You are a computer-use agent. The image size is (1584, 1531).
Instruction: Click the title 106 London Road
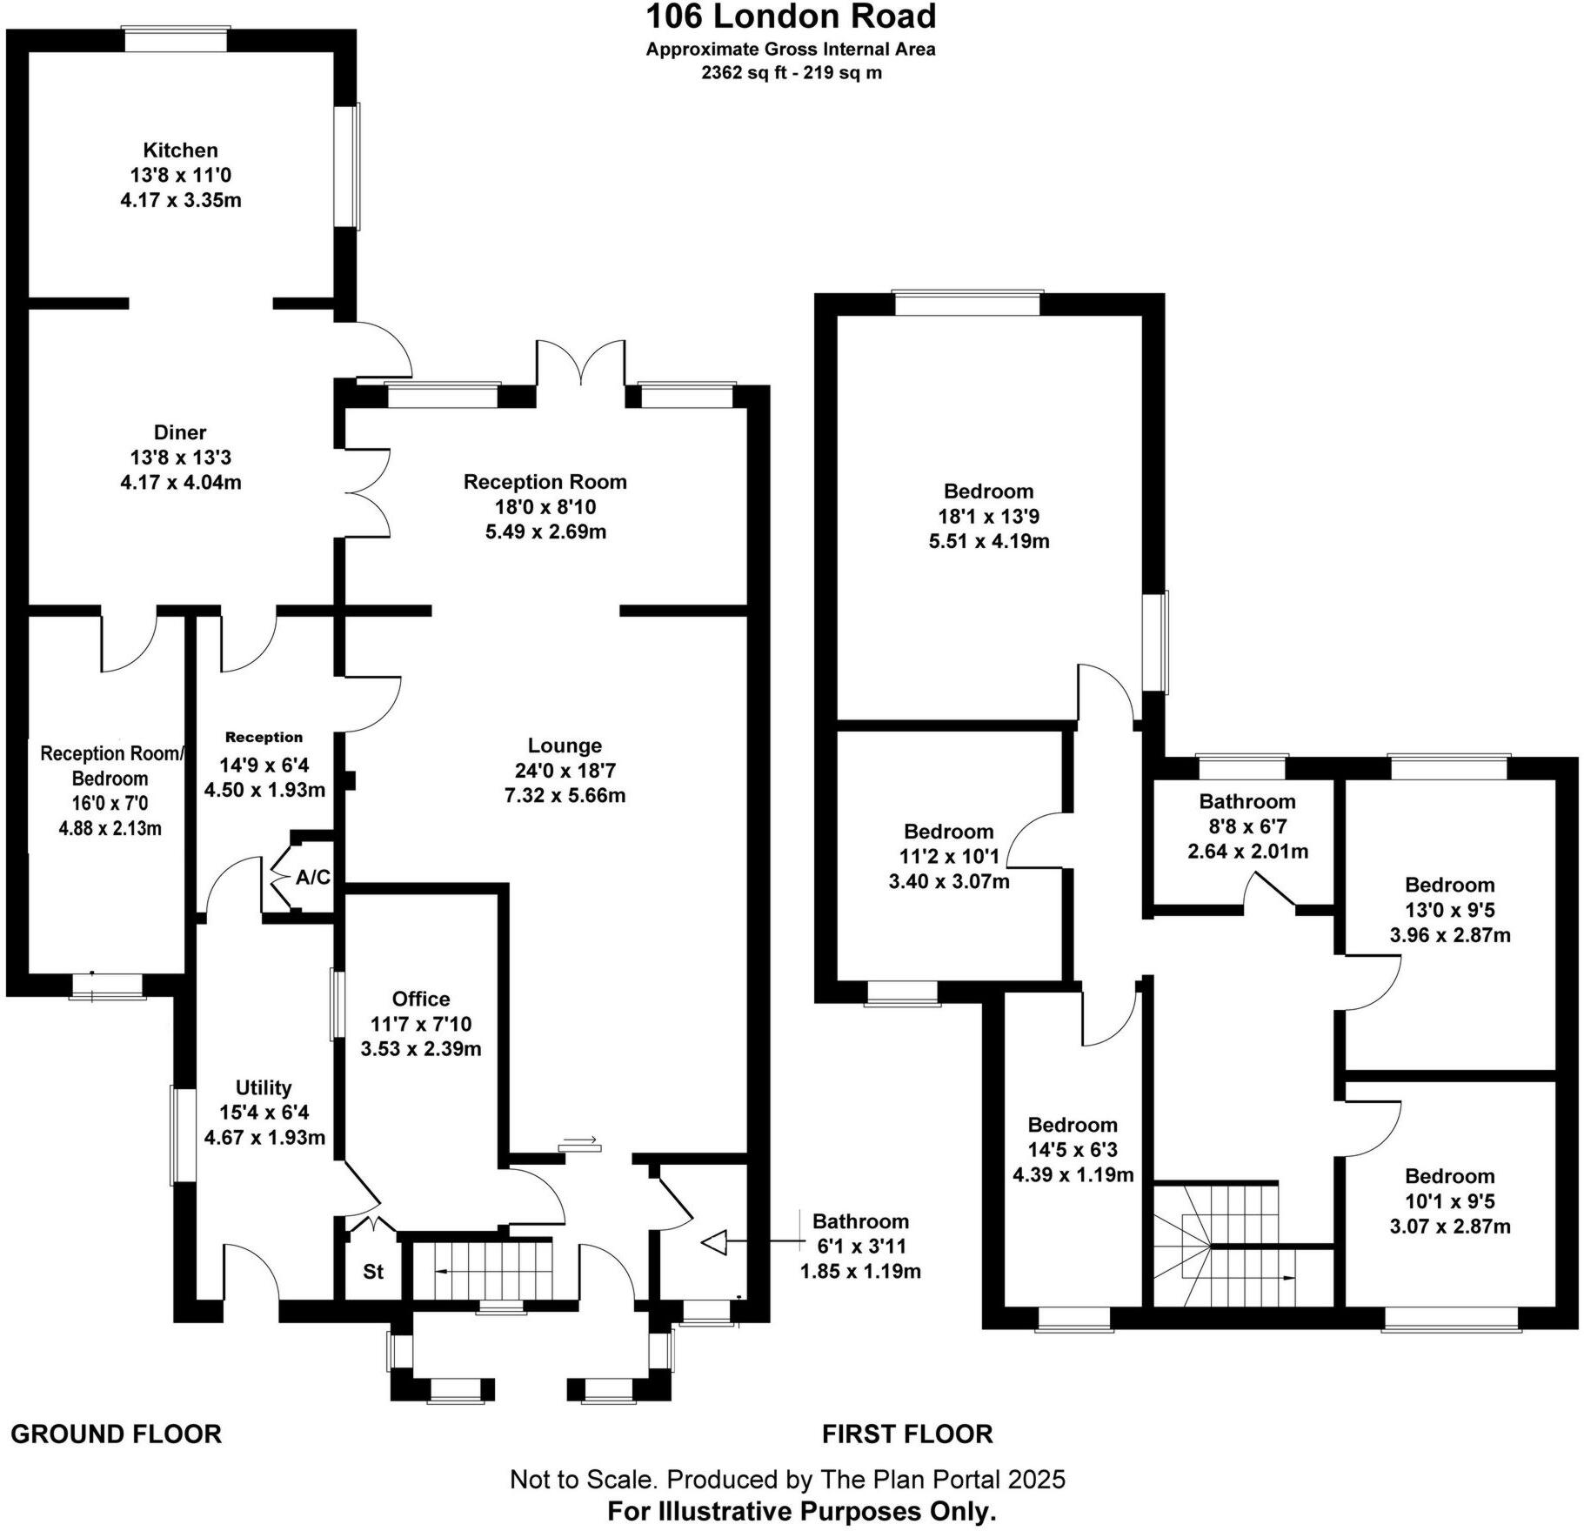791,17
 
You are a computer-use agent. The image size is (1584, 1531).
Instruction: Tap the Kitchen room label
181,150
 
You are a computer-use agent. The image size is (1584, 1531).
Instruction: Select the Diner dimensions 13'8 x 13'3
181,457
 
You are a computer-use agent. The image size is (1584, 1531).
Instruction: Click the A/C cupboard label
312,878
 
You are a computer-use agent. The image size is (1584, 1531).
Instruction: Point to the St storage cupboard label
373,1272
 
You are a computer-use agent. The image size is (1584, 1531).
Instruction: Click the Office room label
421,999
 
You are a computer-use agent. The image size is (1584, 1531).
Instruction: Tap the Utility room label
264,1087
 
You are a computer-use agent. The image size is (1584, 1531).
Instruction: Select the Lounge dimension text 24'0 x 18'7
565,770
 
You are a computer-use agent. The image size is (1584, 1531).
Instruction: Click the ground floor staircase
483,1271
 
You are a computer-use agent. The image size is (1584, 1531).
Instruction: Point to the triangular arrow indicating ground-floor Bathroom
714,1242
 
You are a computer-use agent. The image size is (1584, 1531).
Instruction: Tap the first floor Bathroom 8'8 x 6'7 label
1247,801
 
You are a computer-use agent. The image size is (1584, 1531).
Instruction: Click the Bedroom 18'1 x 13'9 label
988,491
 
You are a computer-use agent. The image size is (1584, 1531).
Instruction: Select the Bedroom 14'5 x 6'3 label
1073,1125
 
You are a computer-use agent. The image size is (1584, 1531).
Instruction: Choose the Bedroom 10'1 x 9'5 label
1449,1176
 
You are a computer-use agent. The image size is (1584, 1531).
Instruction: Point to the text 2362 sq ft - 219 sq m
791,73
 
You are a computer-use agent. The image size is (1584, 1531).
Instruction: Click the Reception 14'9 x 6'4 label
264,737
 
